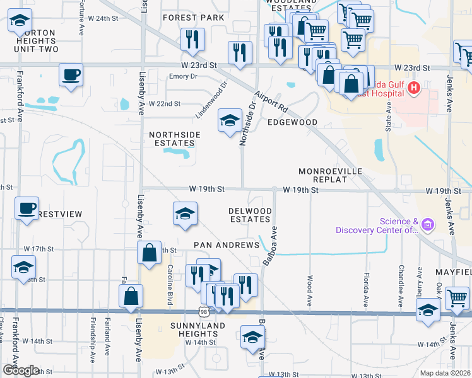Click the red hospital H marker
coord(414,88)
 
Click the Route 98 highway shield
coord(203,312)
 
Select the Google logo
coord(21,370)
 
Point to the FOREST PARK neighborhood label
coord(193,18)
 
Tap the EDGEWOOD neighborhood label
coord(292,122)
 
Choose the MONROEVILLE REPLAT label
coord(323,175)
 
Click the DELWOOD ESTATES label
coord(251,215)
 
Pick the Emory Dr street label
coord(184,76)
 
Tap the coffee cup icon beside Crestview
coord(27,209)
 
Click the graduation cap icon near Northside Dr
coord(230,119)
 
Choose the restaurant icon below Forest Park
coord(192,39)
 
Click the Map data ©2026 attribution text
coord(445,373)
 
